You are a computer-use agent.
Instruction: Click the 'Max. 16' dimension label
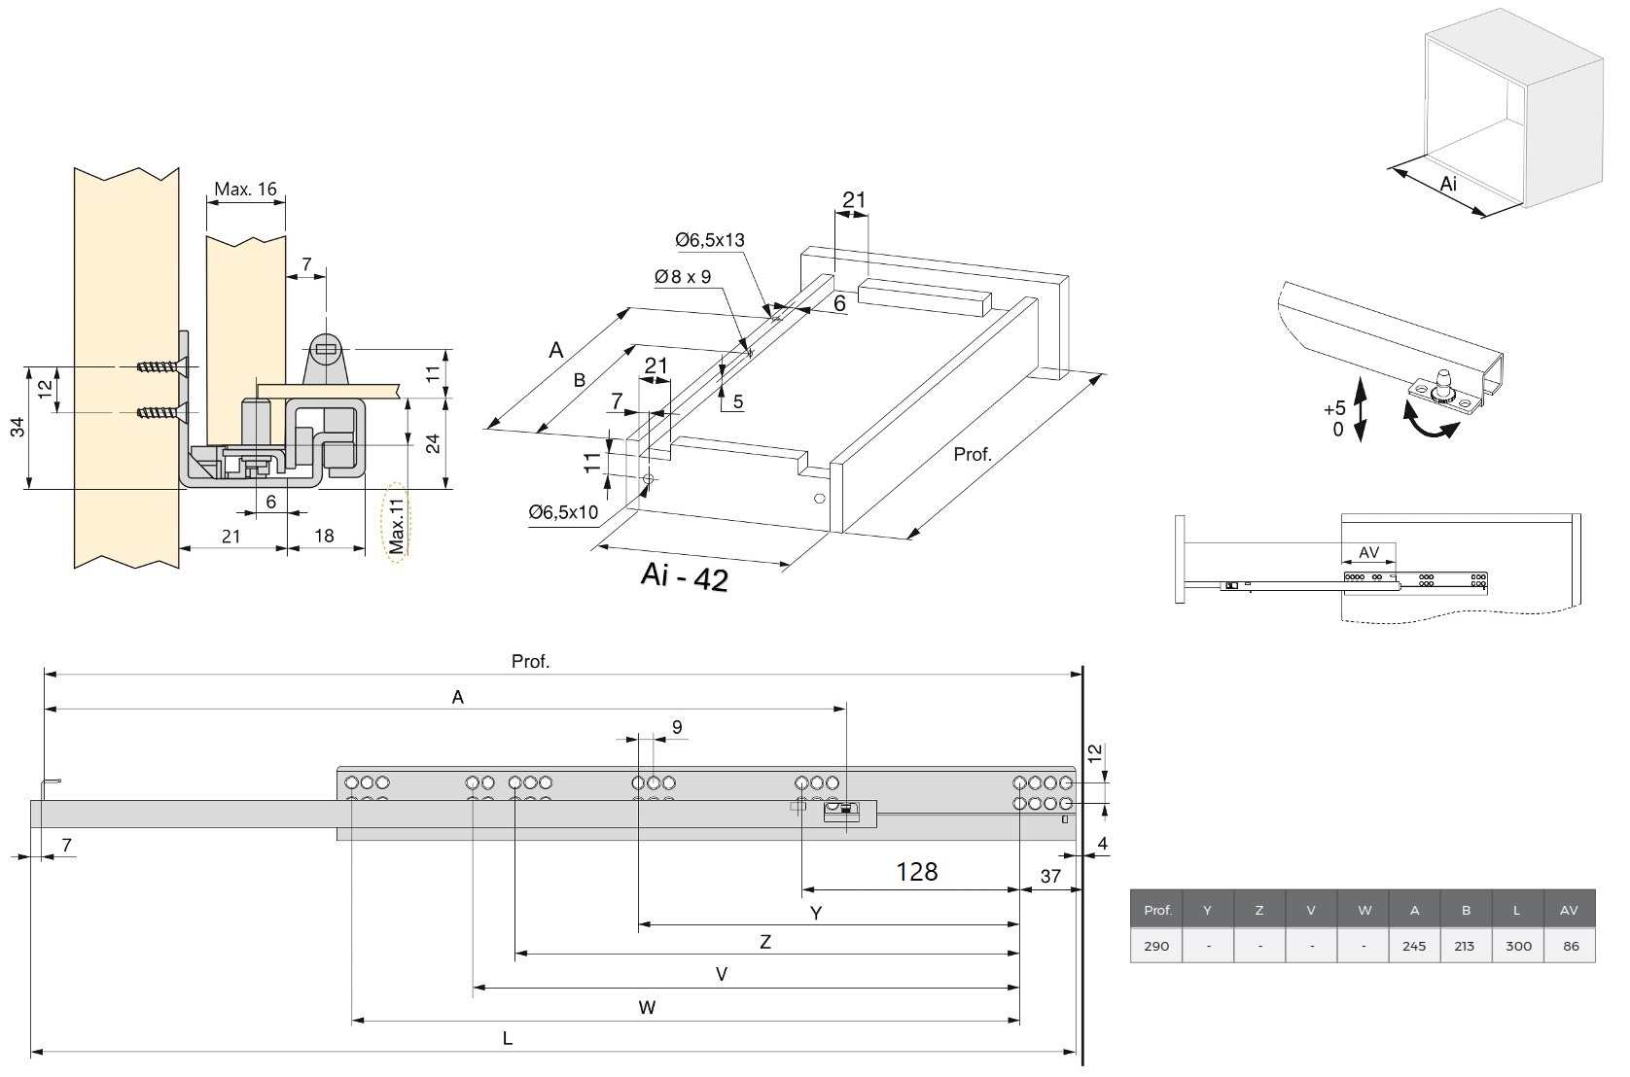[x=245, y=189]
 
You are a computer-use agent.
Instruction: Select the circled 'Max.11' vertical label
[x=396, y=525]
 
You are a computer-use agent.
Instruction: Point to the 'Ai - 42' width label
[x=684, y=576]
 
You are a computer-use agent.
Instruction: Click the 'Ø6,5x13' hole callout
[x=710, y=240]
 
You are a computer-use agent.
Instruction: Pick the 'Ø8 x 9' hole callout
[x=683, y=277]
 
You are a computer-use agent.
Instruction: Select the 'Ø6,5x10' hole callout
[x=563, y=512]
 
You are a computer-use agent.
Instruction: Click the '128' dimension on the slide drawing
[x=916, y=871]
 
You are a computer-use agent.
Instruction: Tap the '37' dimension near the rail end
[x=1050, y=876]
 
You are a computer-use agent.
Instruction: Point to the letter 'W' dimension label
[x=647, y=1007]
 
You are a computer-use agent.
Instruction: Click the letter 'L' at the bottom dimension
[x=508, y=1038]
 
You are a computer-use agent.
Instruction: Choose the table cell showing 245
[x=1414, y=945]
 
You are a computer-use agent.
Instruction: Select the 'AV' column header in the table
[x=1569, y=911]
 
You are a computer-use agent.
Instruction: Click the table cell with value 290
[x=1156, y=945]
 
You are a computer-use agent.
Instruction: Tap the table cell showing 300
[x=1517, y=945]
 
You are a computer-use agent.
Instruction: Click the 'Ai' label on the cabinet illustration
[x=1448, y=184]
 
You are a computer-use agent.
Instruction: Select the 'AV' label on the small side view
[x=1368, y=552]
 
